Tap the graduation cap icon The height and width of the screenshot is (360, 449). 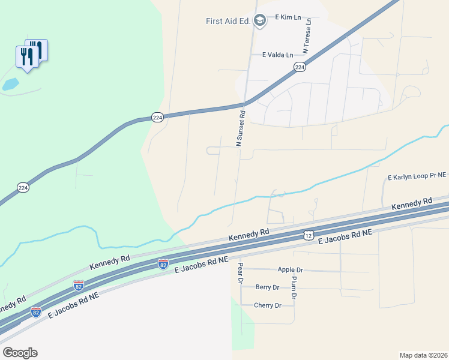pos(260,22)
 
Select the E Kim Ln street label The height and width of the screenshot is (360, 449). pos(288,18)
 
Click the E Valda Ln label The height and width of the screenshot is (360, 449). pos(278,55)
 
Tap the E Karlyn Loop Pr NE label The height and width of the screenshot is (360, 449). pos(417,177)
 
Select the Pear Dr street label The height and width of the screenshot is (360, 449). pos(240,272)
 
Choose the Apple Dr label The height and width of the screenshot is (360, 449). pos(291,270)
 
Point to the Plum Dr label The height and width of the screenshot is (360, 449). pos(294,288)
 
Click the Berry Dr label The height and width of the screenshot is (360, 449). pos(268,287)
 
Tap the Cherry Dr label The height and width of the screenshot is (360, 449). pos(268,305)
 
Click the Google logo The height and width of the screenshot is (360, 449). pos(20,353)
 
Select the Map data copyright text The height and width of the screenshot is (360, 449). pos(424,355)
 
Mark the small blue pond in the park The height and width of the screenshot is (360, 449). pos(10,85)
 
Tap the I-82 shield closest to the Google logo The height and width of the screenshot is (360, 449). pos(36,311)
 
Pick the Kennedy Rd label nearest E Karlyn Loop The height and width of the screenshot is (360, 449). pos(412,203)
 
